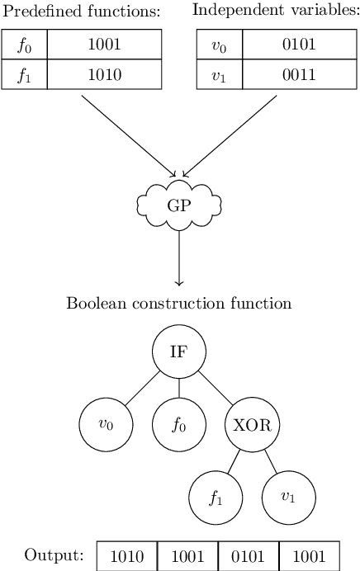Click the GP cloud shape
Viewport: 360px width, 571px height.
178,204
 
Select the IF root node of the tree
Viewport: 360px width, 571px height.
178,351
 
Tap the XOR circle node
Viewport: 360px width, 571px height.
252,424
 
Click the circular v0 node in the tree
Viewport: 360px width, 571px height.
105,424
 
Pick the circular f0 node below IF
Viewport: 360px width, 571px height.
178,424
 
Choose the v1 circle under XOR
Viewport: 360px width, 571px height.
288,498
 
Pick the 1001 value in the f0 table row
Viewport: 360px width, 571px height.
104,47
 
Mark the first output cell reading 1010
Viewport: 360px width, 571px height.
127,555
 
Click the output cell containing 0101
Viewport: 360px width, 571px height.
249,555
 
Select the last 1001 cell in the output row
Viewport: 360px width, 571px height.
309,555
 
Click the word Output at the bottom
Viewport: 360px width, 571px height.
54,554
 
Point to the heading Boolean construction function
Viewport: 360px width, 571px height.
178,303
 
